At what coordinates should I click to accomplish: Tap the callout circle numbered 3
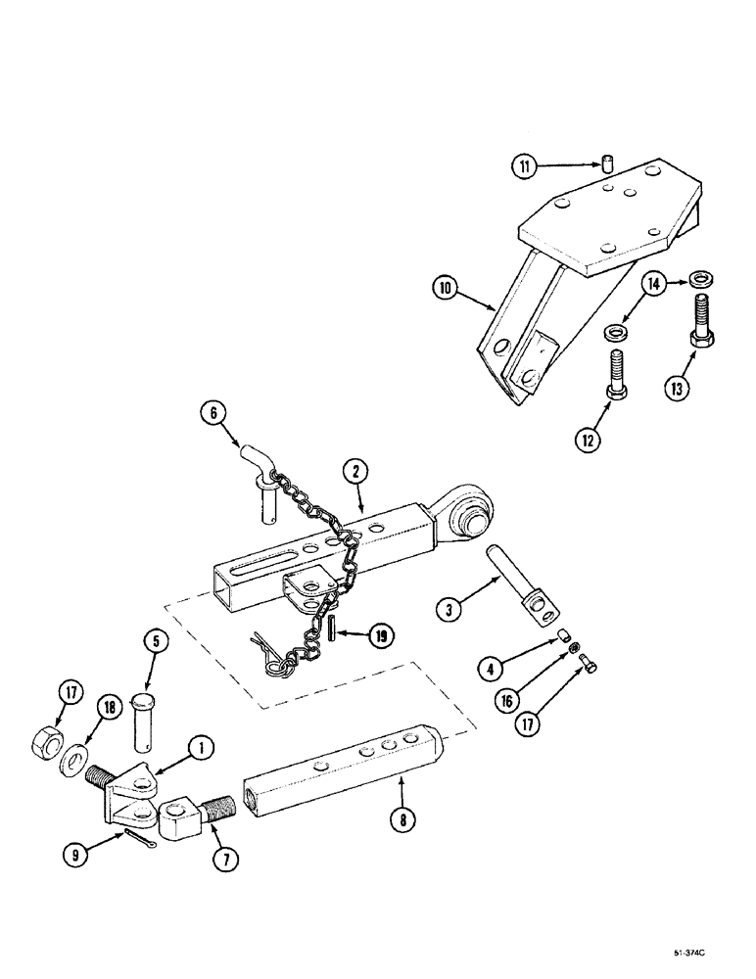tap(449, 608)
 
